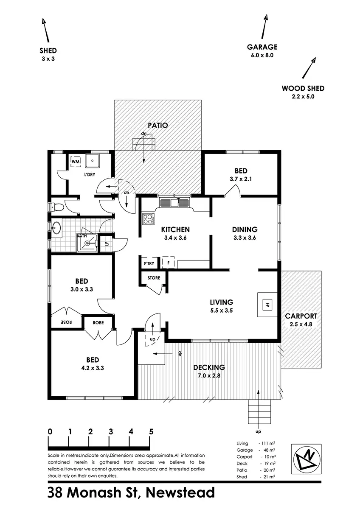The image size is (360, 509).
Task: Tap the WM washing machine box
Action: (x=76, y=162)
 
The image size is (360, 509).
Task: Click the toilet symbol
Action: (x=56, y=207)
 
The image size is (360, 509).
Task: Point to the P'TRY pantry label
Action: (x=149, y=263)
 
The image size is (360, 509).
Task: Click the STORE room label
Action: (x=154, y=278)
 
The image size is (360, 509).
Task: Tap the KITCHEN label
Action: (x=175, y=229)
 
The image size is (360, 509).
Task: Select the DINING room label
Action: (x=245, y=229)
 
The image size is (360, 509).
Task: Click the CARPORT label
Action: (x=301, y=316)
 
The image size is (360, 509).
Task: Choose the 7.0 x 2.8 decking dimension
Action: (x=208, y=375)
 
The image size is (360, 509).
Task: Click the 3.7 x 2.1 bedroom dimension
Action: (x=241, y=179)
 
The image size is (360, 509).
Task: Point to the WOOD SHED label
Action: (x=303, y=89)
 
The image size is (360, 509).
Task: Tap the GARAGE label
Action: (x=262, y=47)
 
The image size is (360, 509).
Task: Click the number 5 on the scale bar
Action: (x=151, y=432)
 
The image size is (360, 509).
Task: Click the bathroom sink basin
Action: (x=56, y=229)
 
